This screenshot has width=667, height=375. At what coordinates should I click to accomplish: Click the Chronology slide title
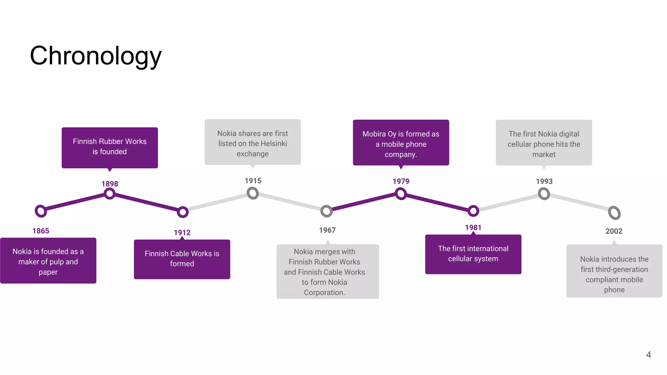(95, 56)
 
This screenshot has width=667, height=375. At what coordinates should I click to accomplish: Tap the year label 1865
(41, 231)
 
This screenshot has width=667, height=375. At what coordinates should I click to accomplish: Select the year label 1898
(110, 184)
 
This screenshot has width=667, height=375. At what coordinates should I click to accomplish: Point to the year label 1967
(327, 230)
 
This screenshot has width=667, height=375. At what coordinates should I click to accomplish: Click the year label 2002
(614, 231)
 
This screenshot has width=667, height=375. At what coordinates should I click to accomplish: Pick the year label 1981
(473, 228)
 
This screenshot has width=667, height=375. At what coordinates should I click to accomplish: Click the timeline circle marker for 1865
(41, 211)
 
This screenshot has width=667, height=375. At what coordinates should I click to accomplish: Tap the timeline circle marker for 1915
(253, 193)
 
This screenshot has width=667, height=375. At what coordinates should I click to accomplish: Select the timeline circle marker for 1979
(401, 194)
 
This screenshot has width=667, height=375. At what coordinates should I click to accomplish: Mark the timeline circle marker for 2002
(614, 213)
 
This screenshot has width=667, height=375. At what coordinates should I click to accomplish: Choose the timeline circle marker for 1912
(183, 212)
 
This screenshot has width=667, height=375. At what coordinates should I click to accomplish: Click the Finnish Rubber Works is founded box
(110, 147)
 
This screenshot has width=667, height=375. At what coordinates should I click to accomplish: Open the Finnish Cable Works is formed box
(182, 259)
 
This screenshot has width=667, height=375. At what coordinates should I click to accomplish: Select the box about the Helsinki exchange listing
(253, 142)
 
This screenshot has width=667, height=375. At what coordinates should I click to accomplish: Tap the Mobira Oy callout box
(401, 143)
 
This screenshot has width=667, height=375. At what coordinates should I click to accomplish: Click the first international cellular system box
(473, 254)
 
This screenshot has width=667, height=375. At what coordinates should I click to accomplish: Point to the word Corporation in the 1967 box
(324, 292)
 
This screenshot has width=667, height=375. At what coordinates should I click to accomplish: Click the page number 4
(648, 354)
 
